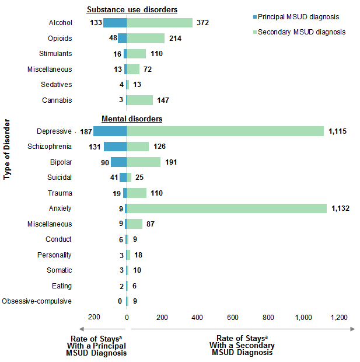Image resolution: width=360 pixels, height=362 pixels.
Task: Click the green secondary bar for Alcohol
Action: (159, 23)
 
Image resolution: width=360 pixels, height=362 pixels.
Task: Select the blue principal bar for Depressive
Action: (110, 131)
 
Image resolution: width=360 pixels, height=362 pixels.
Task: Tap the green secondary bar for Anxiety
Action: (226, 208)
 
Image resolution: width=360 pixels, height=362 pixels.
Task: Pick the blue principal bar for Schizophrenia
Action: (115, 147)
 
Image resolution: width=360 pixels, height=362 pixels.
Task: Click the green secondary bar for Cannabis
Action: (139, 100)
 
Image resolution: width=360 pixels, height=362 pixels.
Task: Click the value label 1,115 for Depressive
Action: (337, 131)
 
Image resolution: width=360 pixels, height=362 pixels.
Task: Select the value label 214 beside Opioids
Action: (175, 39)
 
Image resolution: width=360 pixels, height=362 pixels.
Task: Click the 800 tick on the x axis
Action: (268, 317)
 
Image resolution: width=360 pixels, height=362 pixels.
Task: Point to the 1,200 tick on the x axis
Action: (339, 317)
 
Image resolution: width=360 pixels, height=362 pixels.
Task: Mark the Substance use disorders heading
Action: (132, 9)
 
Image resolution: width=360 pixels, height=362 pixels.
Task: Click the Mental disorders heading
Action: (132, 119)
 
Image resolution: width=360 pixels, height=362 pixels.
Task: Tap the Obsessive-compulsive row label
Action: (37, 301)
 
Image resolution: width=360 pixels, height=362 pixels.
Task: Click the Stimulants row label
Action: (55, 54)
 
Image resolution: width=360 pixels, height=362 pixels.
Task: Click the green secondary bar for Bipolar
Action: (144, 162)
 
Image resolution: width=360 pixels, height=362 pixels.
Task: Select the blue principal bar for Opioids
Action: (122, 39)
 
